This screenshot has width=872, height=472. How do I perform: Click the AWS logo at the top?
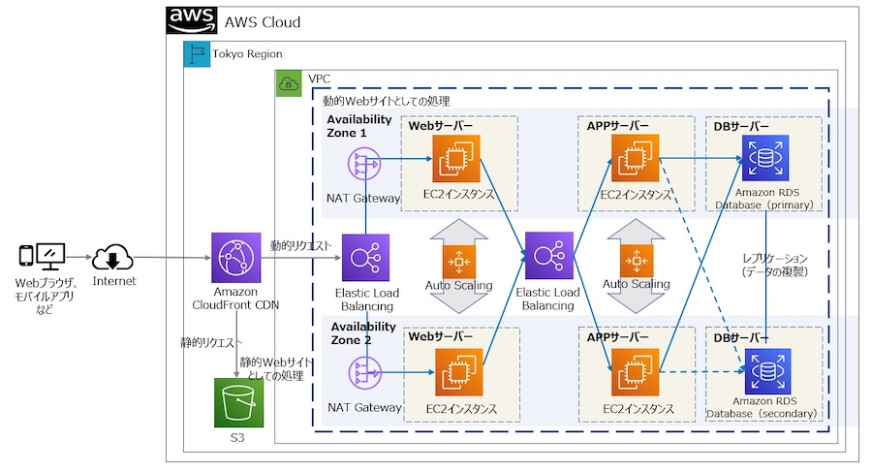pyautogui.click(x=192, y=20)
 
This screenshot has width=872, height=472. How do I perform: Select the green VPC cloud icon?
pyautogui.click(x=289, y=83)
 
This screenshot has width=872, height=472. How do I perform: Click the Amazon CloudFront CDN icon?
pyautogui.click(x=235, y=258)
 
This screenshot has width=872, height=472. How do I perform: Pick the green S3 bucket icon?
pyautogui.click(x=238, y=401)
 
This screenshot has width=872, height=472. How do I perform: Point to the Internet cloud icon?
pyautogui.click(x=112, y=259)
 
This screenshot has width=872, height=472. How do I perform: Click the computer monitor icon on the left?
pyautogui.click(x=50, y=257)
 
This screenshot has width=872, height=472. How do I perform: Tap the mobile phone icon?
pyautogui.click(x=26, y=258)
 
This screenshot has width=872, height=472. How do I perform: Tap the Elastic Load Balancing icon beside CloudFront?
pyautogui.click(x=365, y=257)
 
